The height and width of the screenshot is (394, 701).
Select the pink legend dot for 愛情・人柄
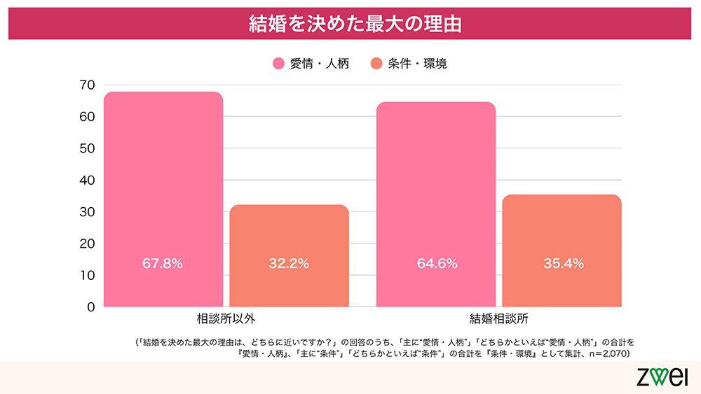pyautogui.click(x=278, y=64)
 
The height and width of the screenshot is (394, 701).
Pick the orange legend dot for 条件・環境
pyautogui.click(x=376, y=64)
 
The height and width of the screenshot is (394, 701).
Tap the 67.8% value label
pyautogui.click(x=163, y=264)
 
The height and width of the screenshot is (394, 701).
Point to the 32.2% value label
pyautogui.click(x=289, y=264)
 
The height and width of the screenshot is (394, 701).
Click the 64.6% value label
pyautogui.click(x=437, y=264)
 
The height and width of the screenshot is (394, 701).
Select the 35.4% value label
pyautogui.click(x=563, y=264)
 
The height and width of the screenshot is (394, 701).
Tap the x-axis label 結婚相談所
pyautogui.click(x=499, y=319)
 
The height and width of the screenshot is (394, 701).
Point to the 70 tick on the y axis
pyautogui.click(x=87, y=85)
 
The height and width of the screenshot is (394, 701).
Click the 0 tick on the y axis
pyautogui.click(x=90, y=307)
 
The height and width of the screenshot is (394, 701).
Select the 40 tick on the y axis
pyautogui.click(x=87, y=180)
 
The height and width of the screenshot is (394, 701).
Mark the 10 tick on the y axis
pyautogui.click(x=87, y=275)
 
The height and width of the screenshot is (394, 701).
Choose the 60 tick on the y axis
pyautogui.click(x=87, y=117)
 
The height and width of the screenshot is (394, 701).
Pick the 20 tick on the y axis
pyautogui.click(x=87, y=244)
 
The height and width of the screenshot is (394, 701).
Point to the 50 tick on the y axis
pyautogui.click(x=87, y=148)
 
